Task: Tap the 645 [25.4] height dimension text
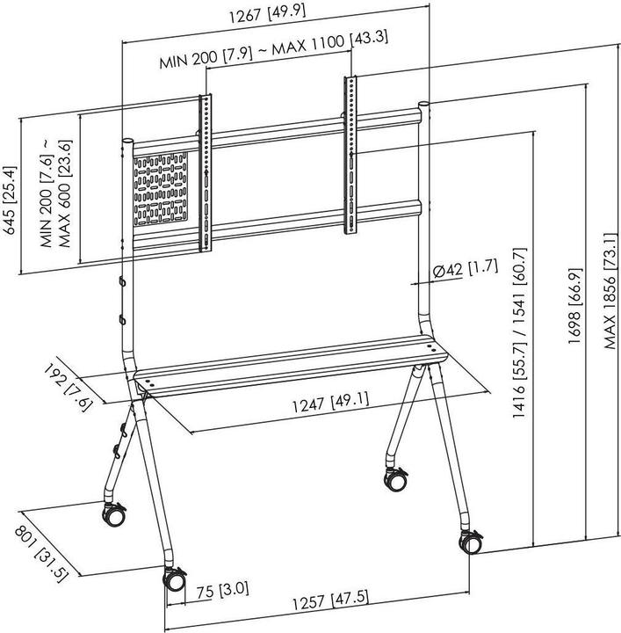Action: coord(10,200)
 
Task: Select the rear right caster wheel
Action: coord(394,479)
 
